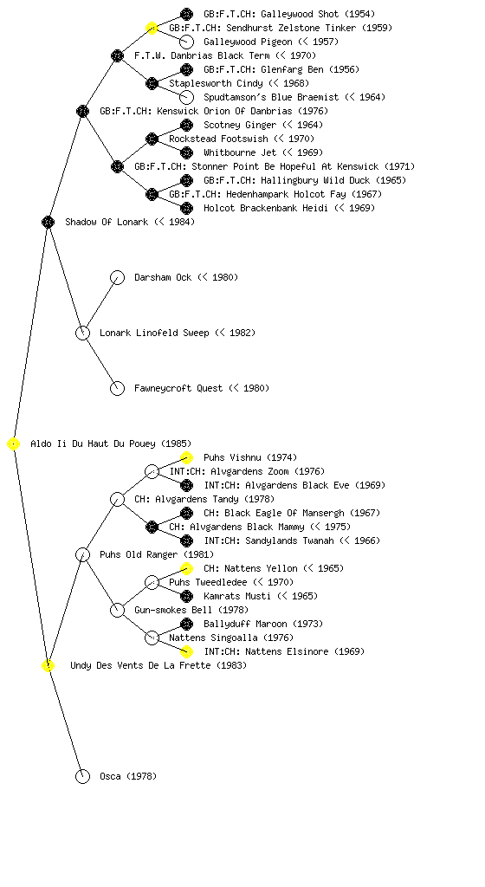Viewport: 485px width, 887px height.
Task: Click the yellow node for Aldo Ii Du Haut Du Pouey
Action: (x=14, y=444)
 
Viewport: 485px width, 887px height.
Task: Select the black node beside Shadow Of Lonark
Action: (x=48, y=222)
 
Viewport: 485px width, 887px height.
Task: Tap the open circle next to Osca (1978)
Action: (x=82, y=776)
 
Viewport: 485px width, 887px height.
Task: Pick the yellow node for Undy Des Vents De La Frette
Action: (x=48, y=665)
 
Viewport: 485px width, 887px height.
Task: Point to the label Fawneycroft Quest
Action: (x=178, y=388)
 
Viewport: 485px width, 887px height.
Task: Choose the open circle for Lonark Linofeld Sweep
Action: (x=82, y=333)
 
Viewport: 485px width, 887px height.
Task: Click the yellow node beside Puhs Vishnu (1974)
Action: (x=186, y=457)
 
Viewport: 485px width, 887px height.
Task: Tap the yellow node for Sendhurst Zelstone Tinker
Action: (x=152, y=28)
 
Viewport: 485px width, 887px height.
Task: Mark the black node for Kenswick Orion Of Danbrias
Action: (x=82, y=111)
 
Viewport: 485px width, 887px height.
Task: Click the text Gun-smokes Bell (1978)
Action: (x=191, y=610)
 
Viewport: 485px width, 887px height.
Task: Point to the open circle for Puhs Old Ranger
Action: (x=82, y=554)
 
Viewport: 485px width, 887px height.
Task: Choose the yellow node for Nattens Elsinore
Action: (x=186, y=651)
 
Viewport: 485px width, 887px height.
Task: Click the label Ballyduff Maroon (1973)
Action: (x=262, y=624)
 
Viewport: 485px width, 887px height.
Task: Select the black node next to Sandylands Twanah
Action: (x=186, y=541)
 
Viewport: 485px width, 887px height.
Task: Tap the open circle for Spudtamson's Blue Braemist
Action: (x=186, y=97)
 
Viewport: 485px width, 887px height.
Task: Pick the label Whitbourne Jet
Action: (x=240, y=152)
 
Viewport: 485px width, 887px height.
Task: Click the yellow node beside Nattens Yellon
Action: (x=186, y=568)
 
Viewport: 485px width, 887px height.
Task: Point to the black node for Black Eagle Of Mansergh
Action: (x=186, y=513)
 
